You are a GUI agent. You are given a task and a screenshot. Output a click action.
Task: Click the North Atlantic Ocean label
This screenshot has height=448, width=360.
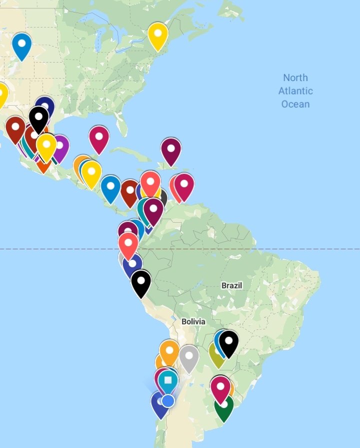click(x=295, y=91)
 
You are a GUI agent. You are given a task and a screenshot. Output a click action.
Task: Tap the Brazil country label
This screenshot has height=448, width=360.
click(x=231, y=285)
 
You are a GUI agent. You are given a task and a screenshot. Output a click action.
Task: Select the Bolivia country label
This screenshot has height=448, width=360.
click(x=193, y=321)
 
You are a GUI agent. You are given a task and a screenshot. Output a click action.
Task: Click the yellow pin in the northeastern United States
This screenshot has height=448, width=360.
click(x=158, y=35)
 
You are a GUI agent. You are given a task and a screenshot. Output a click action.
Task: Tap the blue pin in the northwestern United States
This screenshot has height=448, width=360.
click(x=21, y=45)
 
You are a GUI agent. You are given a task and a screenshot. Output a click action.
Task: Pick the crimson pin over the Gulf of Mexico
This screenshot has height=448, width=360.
click(x=99, y=138)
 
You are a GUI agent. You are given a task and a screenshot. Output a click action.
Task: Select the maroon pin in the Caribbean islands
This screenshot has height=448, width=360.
click(x=170, y=150)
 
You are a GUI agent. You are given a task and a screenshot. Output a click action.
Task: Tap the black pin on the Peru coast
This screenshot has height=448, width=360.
click(x=141, y=282)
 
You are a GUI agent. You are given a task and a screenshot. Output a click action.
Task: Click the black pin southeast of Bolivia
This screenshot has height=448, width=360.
click(x=228, y=342)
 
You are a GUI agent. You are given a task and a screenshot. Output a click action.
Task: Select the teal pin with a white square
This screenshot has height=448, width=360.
click(x=168, y=381)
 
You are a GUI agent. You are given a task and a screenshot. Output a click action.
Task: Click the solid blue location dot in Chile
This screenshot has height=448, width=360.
click(x=168, y=400)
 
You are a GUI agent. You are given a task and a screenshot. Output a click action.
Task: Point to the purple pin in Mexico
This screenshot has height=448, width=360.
click(x=60, y=148)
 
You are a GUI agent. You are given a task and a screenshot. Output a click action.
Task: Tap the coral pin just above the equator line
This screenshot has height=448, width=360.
click(x=128, y=244)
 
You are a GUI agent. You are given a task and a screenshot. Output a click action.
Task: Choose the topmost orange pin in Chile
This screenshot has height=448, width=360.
click(x=169, y=351)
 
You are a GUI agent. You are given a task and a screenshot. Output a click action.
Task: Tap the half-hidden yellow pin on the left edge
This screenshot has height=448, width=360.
click(x=2, y=94)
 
